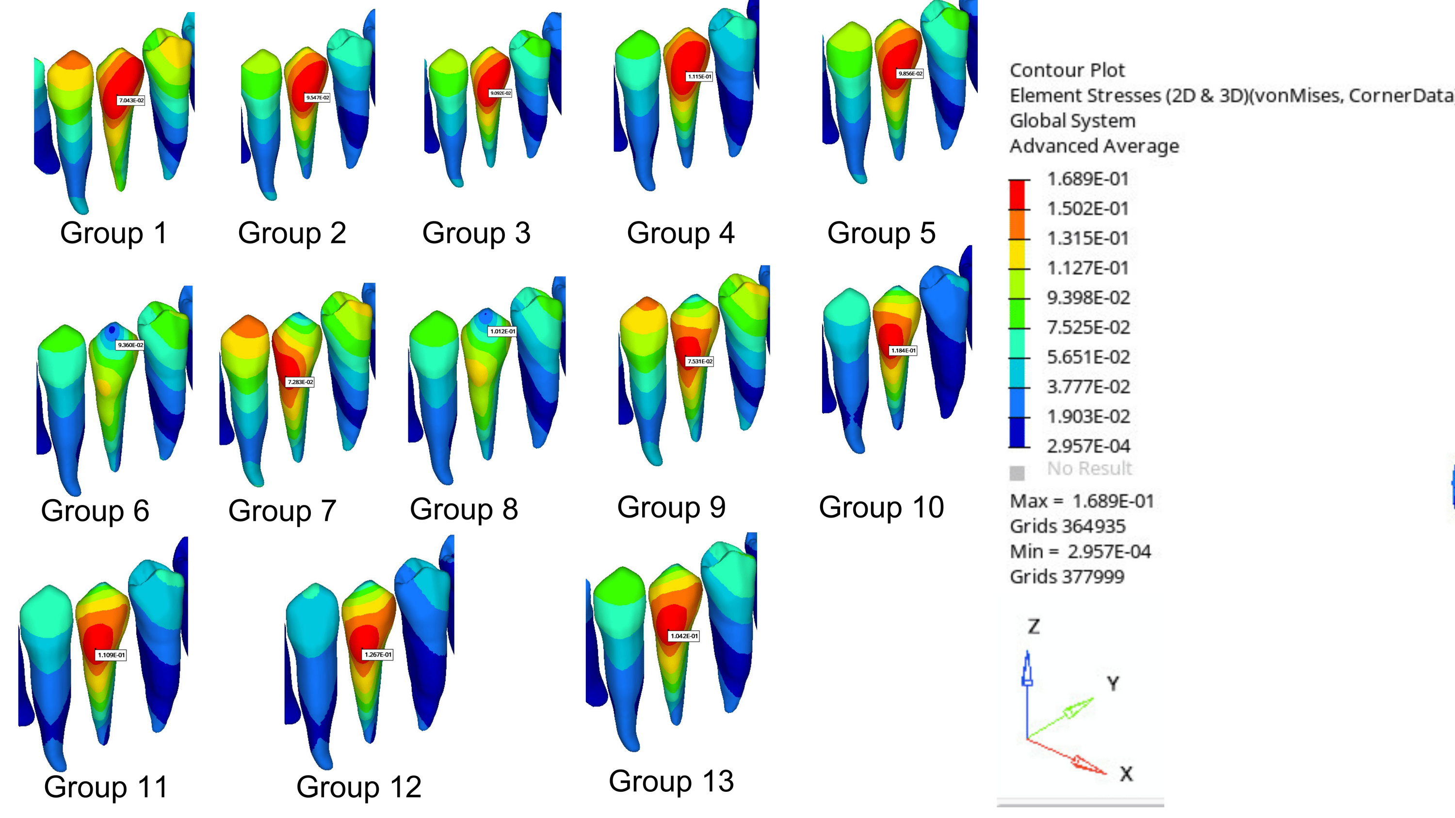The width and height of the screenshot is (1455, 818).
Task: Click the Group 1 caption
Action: [x=113, y=233]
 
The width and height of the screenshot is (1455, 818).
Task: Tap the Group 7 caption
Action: [x=282, y=511]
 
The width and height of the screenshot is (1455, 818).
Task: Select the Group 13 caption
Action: [x=671, y=781]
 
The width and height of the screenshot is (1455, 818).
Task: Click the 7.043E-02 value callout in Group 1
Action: [x=130, y=100]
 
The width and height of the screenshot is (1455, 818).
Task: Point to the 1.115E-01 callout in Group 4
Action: [x=699, y=76]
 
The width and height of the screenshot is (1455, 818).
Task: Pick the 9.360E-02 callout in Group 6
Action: [x=130, y=345]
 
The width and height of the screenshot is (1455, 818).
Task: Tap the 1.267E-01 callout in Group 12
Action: [x=377, y=655]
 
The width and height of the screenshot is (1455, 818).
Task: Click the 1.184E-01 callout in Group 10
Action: [x=903, y=350]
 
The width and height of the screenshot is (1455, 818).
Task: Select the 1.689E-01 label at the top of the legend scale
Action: [x=1087, y=179]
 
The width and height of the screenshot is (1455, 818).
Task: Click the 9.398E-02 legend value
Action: [x=1088, y=298]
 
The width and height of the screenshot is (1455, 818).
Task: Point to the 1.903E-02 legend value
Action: [x=1088, y=417]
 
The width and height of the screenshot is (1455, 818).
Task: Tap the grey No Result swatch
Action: [x=1017, y=472]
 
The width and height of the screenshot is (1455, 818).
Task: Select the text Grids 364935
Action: [x=1067, y=526]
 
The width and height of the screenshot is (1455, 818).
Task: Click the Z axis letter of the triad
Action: [x=1033, y=627]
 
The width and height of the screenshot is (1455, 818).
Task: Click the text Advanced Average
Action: [x=1094, y=146]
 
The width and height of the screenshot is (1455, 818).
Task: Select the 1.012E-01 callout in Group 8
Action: [x=502, y=331]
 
